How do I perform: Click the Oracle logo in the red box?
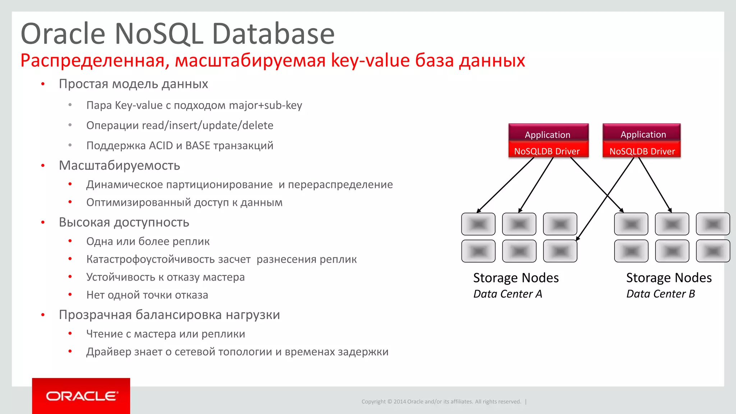81,396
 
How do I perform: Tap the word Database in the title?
273,34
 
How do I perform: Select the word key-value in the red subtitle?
370,60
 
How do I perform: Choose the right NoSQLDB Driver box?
642,151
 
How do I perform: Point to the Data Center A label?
507,294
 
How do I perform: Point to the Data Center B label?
661,294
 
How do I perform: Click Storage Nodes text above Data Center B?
669,278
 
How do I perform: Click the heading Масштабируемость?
119,165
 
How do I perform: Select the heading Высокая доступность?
124,222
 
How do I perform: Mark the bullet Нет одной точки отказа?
147,295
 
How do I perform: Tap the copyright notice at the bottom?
441,401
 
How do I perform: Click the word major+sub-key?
266,105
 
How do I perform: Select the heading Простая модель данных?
133,84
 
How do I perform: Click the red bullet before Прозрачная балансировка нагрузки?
43,315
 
